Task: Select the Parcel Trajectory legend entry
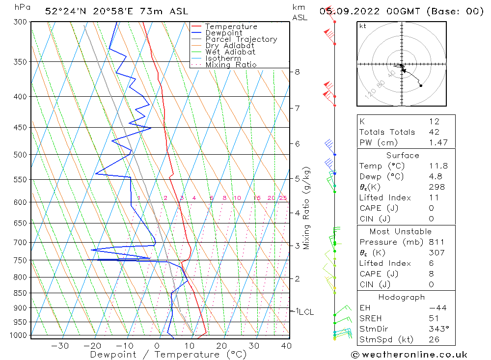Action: click(x=241, y=39)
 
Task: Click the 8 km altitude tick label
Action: click(x=297, y=72)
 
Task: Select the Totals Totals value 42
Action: click(x=434, y=132)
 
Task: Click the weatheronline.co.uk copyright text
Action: click(x=409, y=355)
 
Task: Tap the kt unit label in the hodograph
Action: click(x=363, y=26)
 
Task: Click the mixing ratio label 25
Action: click(x=283, y=198)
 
